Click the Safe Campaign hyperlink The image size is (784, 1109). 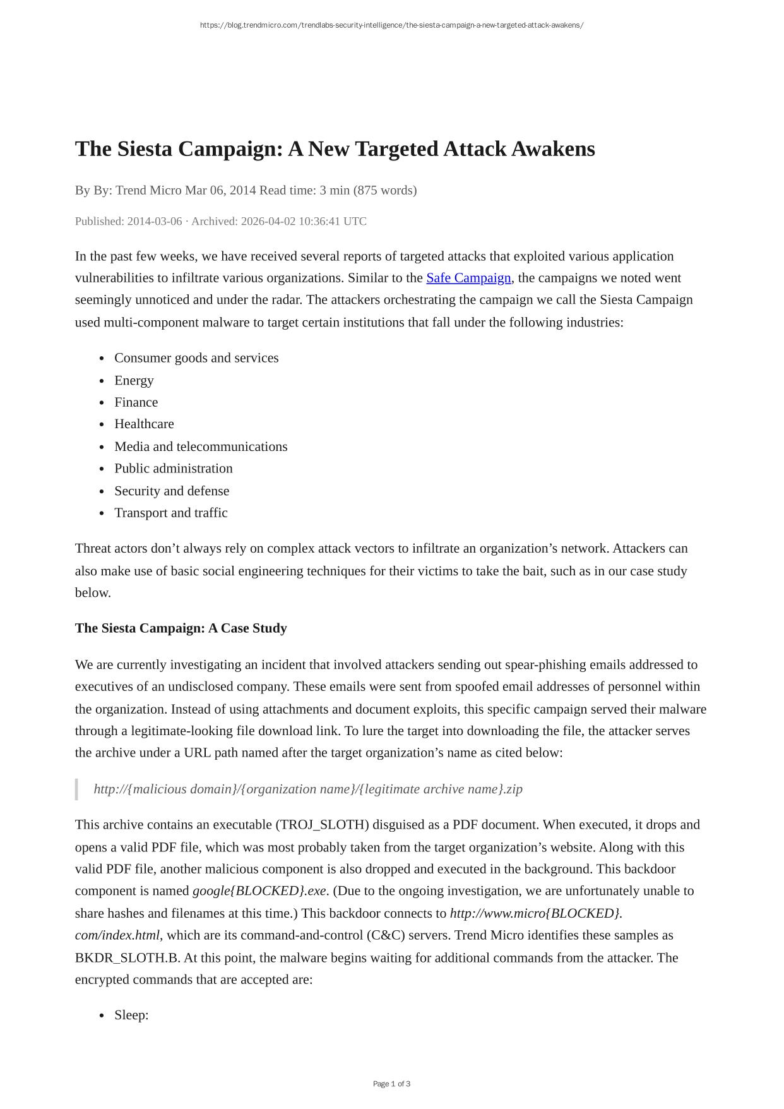pos(468,278)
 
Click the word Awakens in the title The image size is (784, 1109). pos(553,149)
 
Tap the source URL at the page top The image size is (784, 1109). pos(391,25)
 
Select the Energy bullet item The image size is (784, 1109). pos(134,380)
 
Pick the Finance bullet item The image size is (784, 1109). pos(136,402)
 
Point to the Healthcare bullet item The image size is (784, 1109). pos(144,424)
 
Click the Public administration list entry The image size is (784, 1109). pos(174,468)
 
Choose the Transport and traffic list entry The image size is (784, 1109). pos(171,513)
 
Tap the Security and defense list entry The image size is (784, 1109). pos(172,491)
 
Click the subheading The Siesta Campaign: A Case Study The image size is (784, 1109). pos(181,628)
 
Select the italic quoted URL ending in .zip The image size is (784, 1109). pos(308,789)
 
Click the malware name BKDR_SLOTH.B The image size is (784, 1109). pos(126,957)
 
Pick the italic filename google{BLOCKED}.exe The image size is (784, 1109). pos(259,891)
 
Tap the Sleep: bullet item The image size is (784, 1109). pos(131,1015)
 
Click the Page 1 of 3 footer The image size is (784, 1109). pos(391,1084)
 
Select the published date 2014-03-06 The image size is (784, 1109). pos(155,221)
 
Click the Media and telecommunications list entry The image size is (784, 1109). pos(201,447)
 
